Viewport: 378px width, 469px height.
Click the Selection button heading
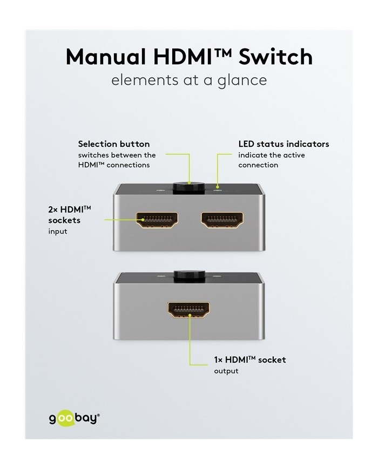pos(114,144)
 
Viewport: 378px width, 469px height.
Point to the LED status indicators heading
pos(283,144)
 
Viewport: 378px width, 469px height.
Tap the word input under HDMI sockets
pos(58,231)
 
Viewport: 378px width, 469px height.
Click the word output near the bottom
pos(226,371)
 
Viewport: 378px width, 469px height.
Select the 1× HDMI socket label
pos(250,359)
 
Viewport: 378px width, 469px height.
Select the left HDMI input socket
pos(157,220)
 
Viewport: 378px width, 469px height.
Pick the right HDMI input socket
pos(221,220)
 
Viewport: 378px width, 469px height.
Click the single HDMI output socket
pos(189,310)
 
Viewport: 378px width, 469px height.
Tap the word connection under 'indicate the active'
pos(258,165)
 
